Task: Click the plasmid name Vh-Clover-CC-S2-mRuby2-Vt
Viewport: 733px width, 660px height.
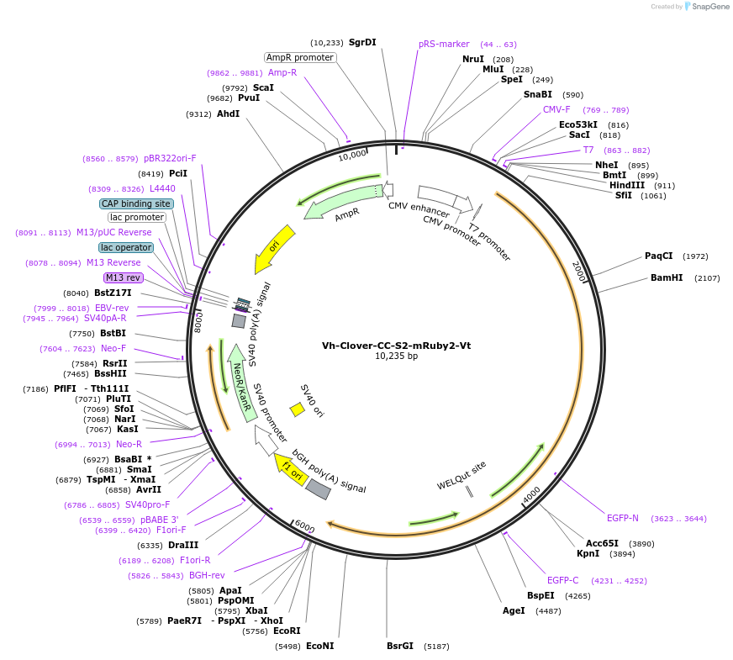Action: pyautogui.click(x=395, y=345)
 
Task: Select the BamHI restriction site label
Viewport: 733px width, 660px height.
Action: pyautogui.click(x=667, y=277)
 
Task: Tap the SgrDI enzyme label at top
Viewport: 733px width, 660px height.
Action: pyautogui.click(x=362, y=42)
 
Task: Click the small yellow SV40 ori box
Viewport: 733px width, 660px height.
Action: pyautogui.click(x=297, y=409)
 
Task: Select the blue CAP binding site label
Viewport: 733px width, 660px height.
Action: pyautogui.click(x=136, y=203)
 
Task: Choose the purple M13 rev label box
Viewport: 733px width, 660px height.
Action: pyautogui.click(x=124, y=277)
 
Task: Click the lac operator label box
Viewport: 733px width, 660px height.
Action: pyautogui.click(x=126, y=247)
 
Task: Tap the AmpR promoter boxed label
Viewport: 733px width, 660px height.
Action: pyautogui.click(x=299, y=57)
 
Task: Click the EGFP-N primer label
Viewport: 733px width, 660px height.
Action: pyautogui.click(x=623, y=518)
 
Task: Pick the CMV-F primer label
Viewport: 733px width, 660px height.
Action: pyautogui.click(x=556, y=109)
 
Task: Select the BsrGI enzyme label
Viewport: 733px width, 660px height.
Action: pyautogui.click(x=400, y=646)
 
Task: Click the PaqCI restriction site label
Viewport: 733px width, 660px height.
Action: pyautogui.click(x=659, y=256)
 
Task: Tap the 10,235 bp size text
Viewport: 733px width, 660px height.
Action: pyautogui.click(x=396, y=356)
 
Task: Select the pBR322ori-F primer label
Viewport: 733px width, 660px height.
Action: pyautogui.click(x=170, y=158)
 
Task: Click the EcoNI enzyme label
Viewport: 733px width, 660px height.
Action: pyautogui.click(x=319, y=646)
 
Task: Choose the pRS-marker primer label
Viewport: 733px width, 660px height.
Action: pyautogui.click(x=444, y=44)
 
